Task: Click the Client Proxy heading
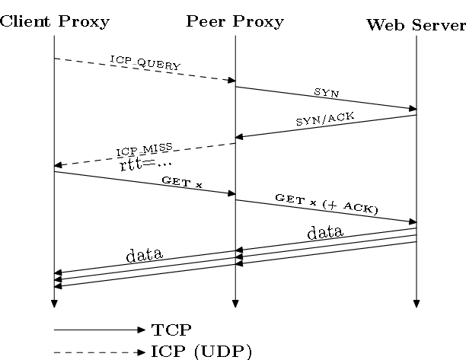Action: pyautogui.click(x=55, y=21)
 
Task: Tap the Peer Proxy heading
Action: pyautogui.click(x=235, y=21)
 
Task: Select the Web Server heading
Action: pyautogui.click(x=416, y=24)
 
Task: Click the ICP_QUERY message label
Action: pyautogui.click(x=145, y=63)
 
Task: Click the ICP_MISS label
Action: pyautogui.click(x=145, y=149)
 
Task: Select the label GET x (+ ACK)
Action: pyautogui.click(x=327, y=203)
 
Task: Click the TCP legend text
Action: pyautogui.click(x=171, y=330)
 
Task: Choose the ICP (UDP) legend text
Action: pyautogui.click(x=201, y=351)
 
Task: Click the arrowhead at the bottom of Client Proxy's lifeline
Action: pyautogui.click(x=54, y=304)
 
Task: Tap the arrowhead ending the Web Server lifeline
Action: pyautogui.click(x=417, y=304)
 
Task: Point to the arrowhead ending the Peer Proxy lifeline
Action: pyautogui.click(x=235, y=304)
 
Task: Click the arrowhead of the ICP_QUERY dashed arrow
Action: pyautogui.click(x=231, y=80)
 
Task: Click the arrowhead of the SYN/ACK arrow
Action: pyautogui.click(x=239, y=137)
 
